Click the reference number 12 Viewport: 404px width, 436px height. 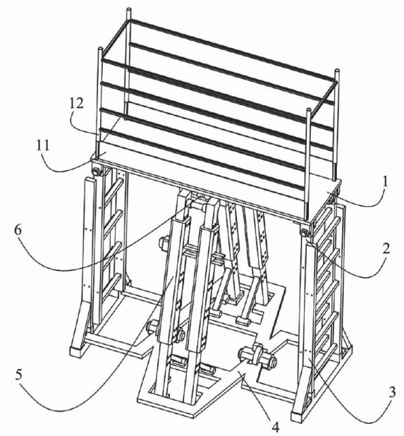(x=76, y=104)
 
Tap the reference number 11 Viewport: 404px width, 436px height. (x=43, y=145)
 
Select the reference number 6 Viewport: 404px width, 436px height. (x=18, y=231)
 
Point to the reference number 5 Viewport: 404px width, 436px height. (x=18, y=375)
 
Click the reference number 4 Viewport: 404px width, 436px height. (x=276, y=427)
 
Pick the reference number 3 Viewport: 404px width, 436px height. (x=392, y=393)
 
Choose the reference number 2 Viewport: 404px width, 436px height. (x=386, y=249)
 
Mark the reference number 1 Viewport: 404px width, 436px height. (x=386, y=183)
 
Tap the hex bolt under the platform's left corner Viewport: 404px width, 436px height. (x=96, y=172)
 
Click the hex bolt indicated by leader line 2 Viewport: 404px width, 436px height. (x=304, y=232)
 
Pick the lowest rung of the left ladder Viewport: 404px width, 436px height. (x=112, y=284)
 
